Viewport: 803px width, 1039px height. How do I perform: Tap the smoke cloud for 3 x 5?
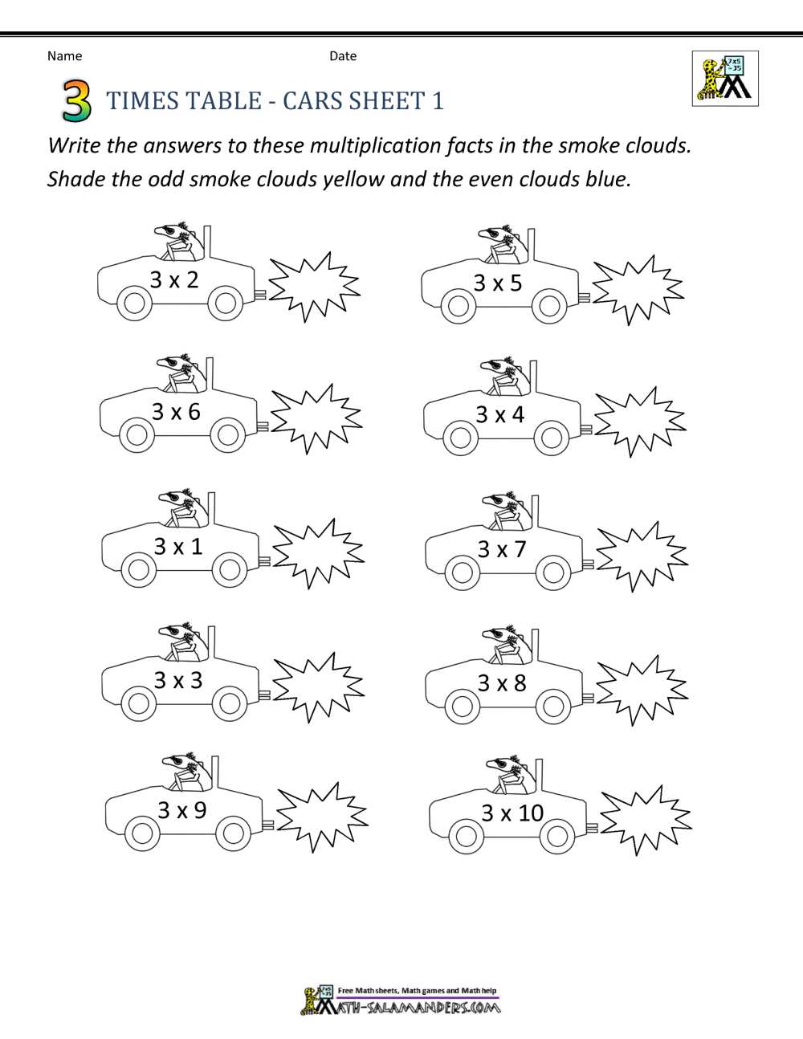(638, 290)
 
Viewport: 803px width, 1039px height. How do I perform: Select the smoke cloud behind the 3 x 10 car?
(645, 820)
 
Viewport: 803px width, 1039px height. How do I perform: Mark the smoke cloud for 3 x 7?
(642, 556)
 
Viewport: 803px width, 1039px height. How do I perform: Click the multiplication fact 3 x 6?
(176, 412)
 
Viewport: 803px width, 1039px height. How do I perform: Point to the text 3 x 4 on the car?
(499, 415)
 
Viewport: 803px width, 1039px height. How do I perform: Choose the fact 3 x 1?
(178, 547)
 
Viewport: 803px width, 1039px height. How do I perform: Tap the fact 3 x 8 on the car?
(502, 683)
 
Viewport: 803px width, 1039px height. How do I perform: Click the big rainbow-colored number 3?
(76, 100)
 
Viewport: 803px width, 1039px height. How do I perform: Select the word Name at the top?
(64, 56)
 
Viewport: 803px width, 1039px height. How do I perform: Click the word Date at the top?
(343, 56)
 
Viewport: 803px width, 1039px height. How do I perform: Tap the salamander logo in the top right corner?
(725, 79)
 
